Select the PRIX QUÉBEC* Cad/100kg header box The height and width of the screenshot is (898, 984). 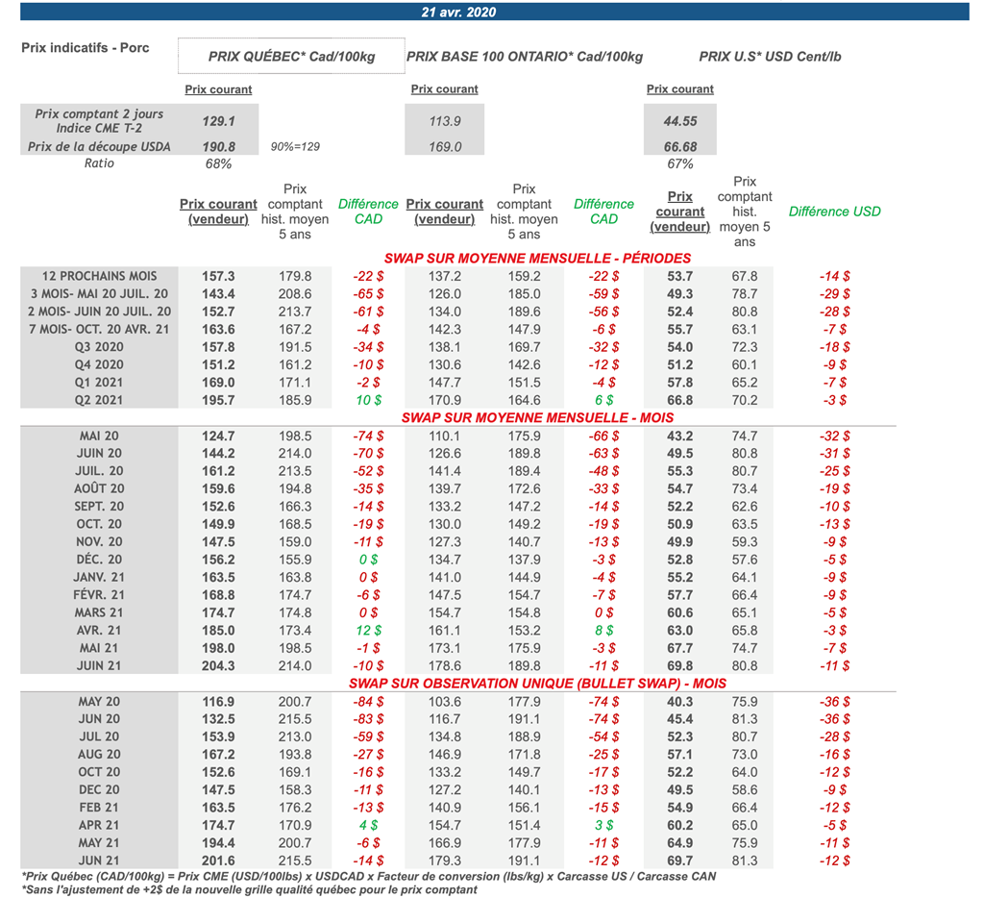(x=291, y=57)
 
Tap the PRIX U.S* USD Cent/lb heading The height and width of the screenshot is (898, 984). (x=770, y=57)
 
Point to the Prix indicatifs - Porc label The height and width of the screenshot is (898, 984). (x=86, y=48)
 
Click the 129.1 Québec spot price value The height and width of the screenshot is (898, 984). (x=218, y=122)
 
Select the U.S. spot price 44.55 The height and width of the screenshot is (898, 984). (x=679, y=122)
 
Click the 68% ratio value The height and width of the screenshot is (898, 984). (x=218, y=164)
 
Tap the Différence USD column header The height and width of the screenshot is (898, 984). (x=834, y=212)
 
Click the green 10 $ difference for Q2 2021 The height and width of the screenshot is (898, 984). (x=368, y=400)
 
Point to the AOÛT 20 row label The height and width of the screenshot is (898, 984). (x=100, y=488)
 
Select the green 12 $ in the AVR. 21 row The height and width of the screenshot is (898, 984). (x=368, y=630)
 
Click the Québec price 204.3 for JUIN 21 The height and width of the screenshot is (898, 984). (x=218, y=665)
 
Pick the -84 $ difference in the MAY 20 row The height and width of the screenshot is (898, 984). (x=368, y=702)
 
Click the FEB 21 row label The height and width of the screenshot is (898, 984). (x=100, y=808)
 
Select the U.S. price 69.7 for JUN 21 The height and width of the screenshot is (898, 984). (x=679, y=861)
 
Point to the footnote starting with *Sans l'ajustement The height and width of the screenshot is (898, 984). (x=248, y=890)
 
